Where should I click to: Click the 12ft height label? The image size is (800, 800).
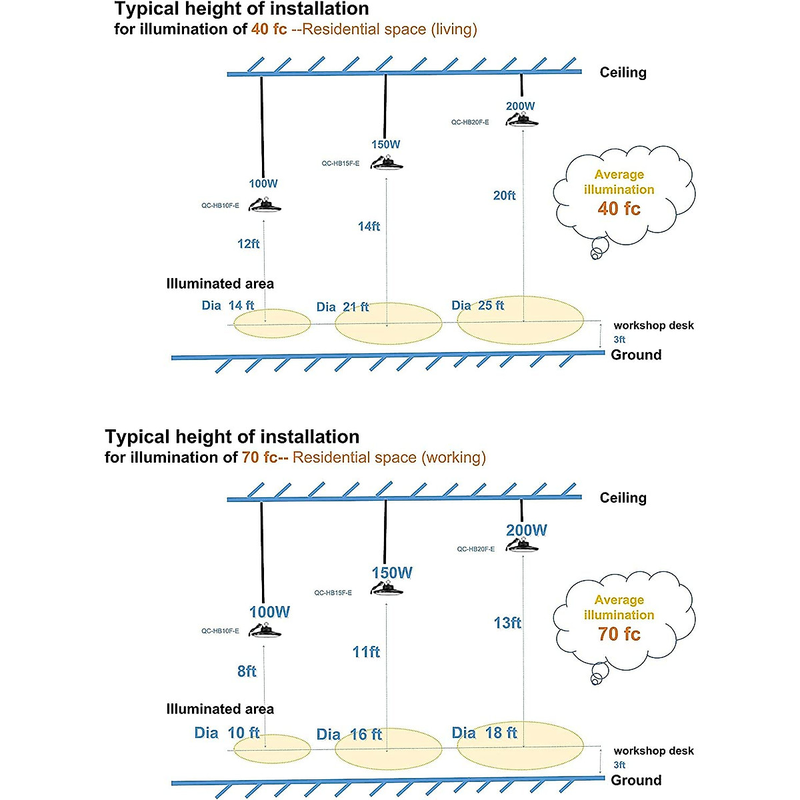coord(249,244)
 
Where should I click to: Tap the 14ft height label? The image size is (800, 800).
coord(369,227)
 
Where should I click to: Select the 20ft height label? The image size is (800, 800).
coord(504,196)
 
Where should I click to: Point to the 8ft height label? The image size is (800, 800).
coord(247,671)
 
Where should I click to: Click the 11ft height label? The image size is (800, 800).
coord(366,652)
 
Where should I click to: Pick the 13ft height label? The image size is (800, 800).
coord(507,623)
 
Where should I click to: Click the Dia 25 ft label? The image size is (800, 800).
coord(477,305)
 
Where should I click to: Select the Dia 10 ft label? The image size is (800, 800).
coord(227,733)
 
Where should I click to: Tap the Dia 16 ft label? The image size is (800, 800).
coord(349,735)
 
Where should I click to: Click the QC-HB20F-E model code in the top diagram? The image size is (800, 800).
coord(470,123)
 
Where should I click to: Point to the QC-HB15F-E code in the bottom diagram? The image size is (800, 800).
coord(333,593)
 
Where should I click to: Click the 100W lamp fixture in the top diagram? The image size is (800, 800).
coord(265,204)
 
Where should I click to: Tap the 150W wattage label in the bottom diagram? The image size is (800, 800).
coord(392,573)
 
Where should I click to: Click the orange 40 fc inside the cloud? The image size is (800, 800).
coord(619,209)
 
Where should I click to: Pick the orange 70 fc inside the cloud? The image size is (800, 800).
coord(619,634)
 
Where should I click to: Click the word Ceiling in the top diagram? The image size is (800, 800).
coord(623,73)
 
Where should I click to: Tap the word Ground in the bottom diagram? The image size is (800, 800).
coord(636,780)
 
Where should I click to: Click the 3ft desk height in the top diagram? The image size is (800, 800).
coord(619,339)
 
